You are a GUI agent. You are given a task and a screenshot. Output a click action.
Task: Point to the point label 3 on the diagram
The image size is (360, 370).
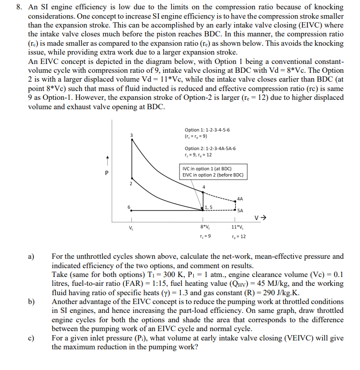(x=131, y=135)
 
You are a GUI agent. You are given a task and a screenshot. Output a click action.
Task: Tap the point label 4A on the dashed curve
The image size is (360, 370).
(x=240, y=199)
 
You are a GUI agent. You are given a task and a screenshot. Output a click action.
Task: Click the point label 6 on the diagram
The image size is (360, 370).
(x=129, y=207)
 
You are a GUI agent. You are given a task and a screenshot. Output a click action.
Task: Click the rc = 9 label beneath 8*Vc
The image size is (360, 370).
(x=204, y=237)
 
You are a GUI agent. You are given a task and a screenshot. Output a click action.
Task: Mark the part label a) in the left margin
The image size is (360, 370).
(x=31, y=256)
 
